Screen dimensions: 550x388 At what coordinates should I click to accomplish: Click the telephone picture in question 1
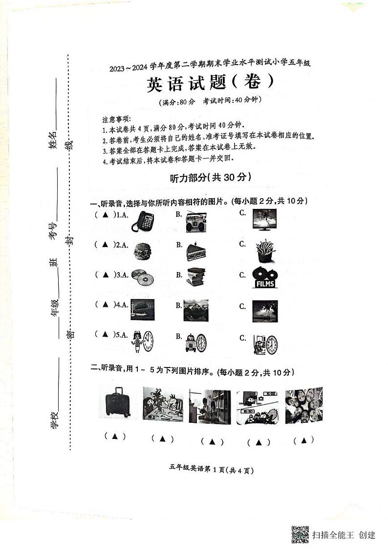pos(143,222)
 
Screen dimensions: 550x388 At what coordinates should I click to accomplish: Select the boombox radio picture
pos(195,222)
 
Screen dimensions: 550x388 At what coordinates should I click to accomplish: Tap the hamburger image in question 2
pos(142,251)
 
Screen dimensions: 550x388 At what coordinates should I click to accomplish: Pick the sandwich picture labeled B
pos(195,252)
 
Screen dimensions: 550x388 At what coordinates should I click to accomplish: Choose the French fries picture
pos(265,251)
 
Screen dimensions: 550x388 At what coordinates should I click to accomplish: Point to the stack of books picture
pos(195,277)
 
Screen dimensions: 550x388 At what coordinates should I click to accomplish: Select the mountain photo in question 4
pos(195,310)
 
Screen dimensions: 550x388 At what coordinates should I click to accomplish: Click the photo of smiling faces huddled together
pos(303,405)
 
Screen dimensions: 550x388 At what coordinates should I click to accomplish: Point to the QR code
pos(300,534)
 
